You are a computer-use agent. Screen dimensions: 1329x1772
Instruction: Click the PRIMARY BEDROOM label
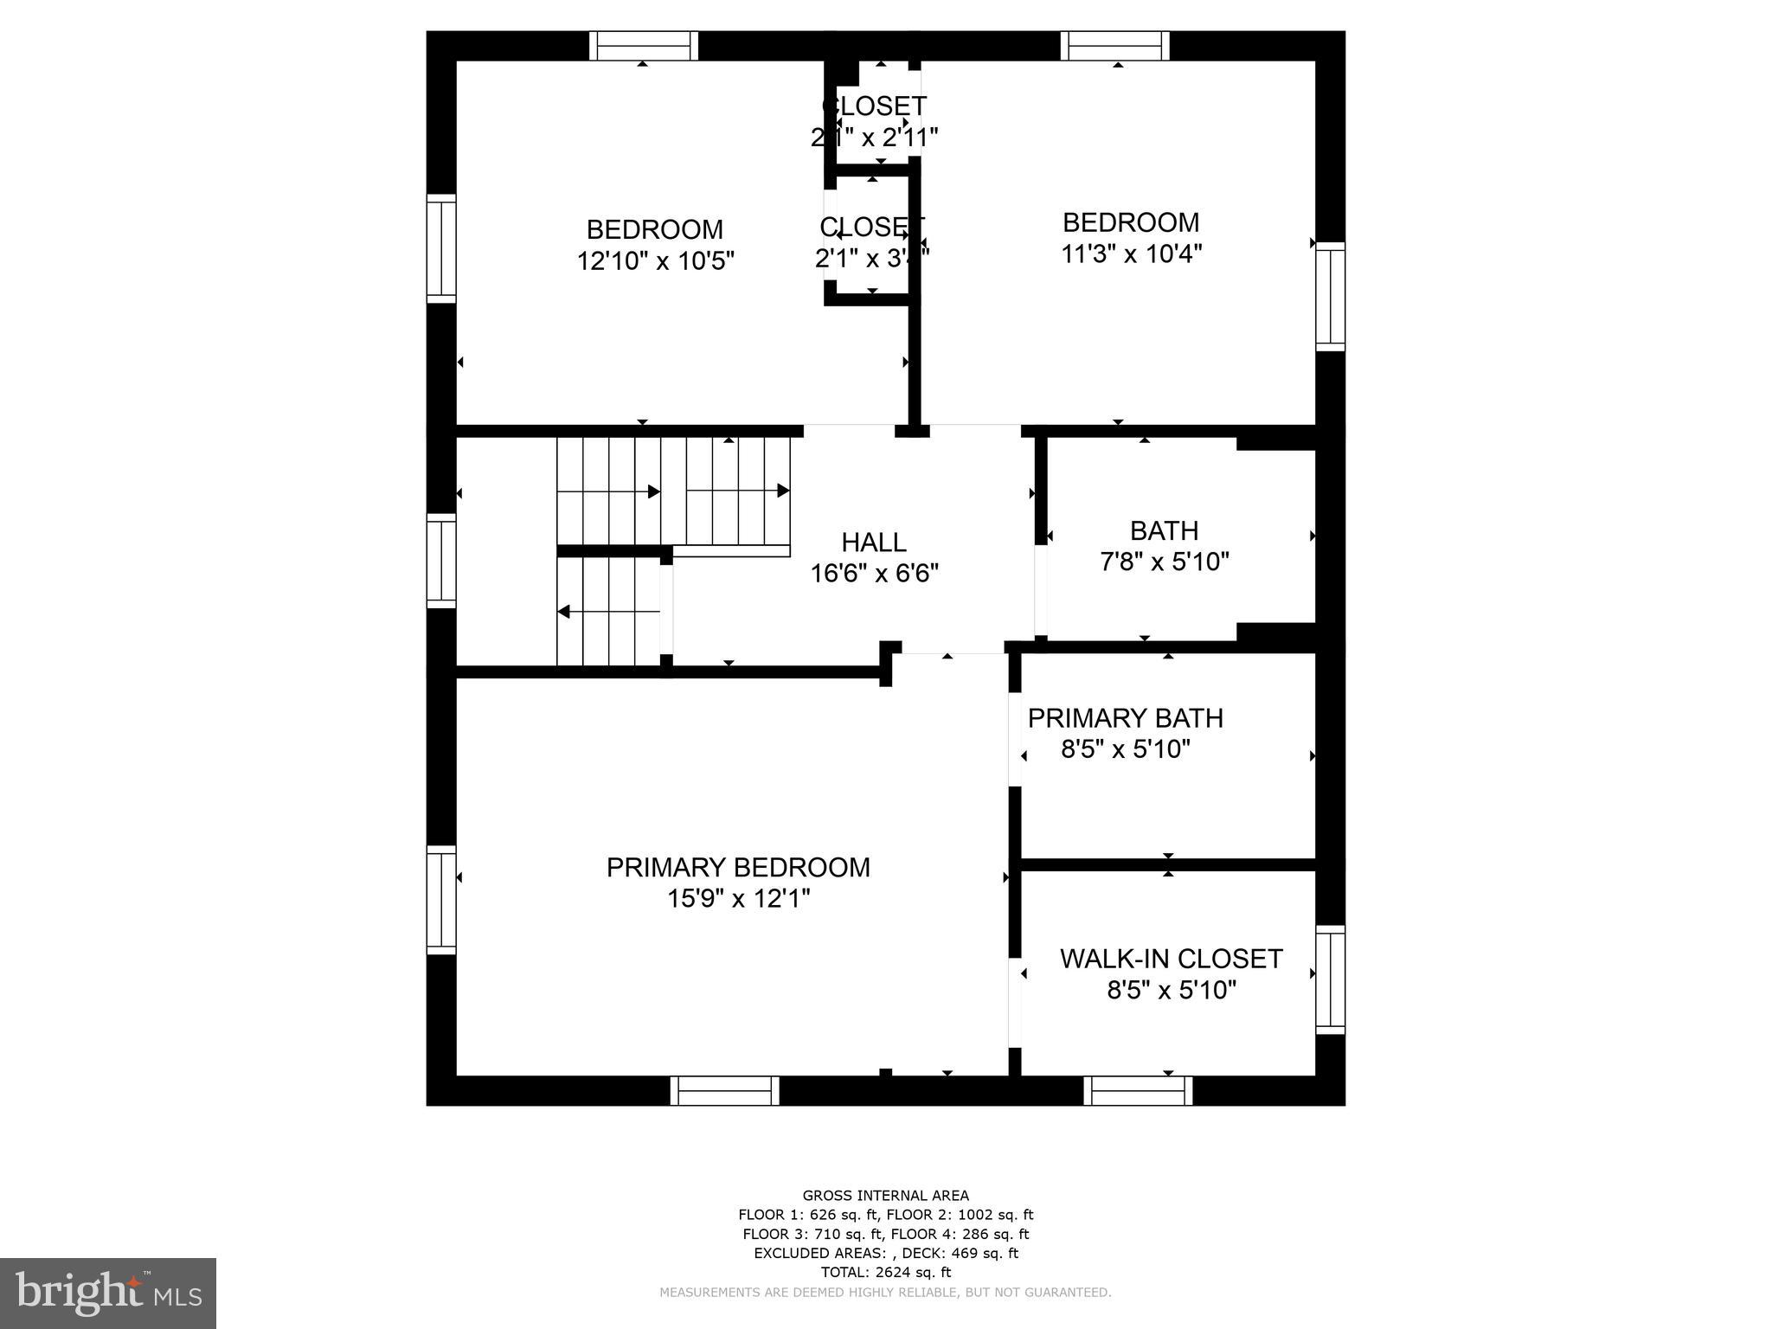(738, 867)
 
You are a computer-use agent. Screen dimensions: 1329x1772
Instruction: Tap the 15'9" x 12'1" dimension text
(738, 899)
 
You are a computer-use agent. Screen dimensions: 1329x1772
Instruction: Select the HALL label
(874, 543)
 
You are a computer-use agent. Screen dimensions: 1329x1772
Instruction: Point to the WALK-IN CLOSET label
(1171, 959)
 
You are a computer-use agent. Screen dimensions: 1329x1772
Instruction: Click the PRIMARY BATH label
(1125, 718)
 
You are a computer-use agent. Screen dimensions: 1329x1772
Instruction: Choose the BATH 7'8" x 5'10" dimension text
(1164, 562)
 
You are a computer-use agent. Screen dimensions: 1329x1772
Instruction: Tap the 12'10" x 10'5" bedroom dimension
(655, 261)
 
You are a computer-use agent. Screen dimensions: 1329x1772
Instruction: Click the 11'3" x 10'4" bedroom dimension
(1131, 254)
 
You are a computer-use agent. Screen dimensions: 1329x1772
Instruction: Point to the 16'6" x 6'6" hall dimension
(874, 574)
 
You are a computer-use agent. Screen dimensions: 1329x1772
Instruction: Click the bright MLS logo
(108, 1293)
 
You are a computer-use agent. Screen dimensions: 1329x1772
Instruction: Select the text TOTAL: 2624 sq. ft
(885, 1272)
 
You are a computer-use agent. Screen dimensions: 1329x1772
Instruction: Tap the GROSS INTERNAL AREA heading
(885, 1196)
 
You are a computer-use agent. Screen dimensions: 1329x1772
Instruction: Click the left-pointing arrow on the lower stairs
(563, 612)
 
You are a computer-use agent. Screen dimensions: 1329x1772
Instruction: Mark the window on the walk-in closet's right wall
(1330, 979)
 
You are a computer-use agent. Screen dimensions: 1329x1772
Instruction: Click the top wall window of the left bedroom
(643, 45)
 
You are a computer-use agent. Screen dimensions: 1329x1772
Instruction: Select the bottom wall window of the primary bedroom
(724, 1091)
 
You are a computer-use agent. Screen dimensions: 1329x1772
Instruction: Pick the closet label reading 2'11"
(874, 137)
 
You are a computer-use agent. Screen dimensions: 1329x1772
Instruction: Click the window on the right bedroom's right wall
(1330, 296)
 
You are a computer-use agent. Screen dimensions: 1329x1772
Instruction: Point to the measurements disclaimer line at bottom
(885, 1293)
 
